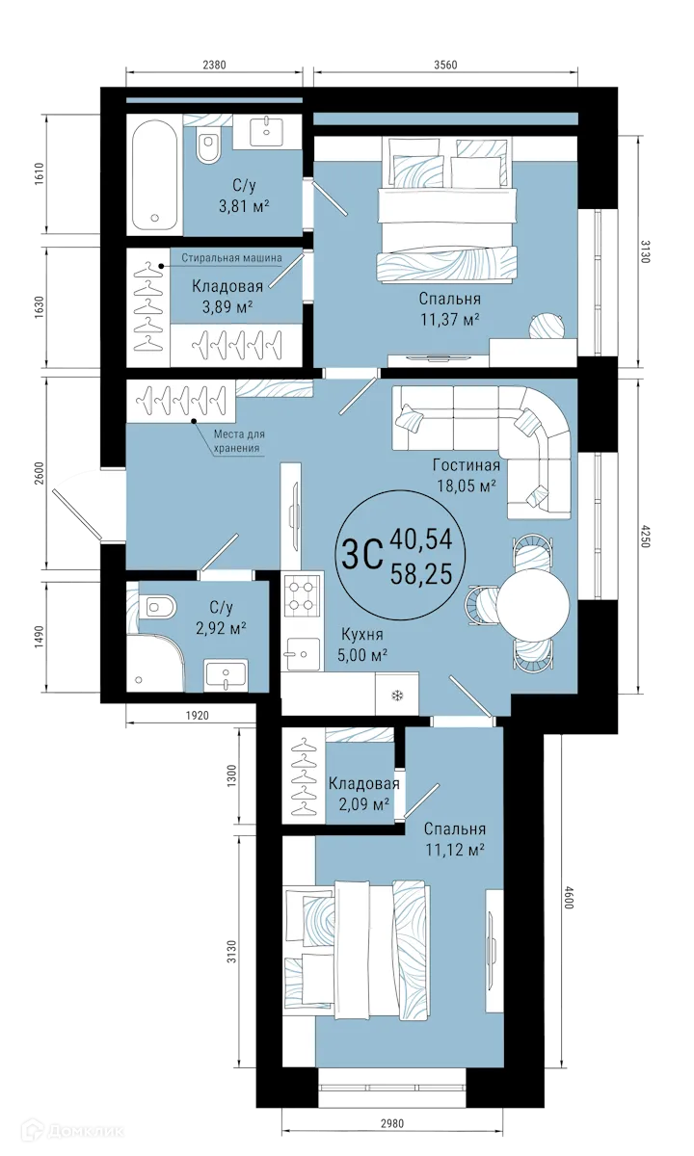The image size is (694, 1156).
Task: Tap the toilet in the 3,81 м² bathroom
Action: pyautogui.click(x=207, y=146)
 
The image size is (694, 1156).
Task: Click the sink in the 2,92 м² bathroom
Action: pyautogui.click(x=226, y=673)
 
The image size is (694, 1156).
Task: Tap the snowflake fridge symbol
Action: pyautogui.click(x=395, y=695)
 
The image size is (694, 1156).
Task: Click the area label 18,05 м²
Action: pyautogui.click(x=465, y=486)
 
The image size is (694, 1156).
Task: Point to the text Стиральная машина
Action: pyautogui.click(x=231, y=257)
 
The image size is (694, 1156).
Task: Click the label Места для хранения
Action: pyautogui.click(x=238, y=441)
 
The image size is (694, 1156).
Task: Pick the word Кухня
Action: pyautogui.click(x=362, y=635)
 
